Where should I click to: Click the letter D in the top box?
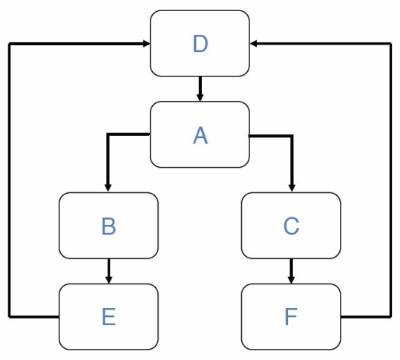200,44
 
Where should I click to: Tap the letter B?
108,226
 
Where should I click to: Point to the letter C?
291,226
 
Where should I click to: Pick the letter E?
108,317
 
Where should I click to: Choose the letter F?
291,317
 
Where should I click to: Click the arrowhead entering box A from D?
200,97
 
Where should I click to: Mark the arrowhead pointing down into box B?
108,188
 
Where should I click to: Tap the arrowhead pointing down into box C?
291,188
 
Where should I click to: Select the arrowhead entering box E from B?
108,279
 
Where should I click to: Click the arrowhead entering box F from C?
291,279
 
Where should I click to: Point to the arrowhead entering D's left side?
146,44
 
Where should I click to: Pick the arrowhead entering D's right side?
254,44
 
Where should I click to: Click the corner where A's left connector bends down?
108,134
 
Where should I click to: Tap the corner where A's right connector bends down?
291,136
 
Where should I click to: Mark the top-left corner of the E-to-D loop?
10,44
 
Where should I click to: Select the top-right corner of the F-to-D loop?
390,44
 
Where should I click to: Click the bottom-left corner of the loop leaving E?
10,317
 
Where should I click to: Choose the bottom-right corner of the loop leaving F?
390,317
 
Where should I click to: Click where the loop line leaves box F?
341,317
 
